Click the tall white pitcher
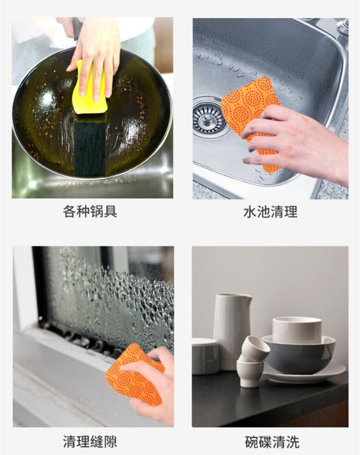tap(232, 331)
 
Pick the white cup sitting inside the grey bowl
tap(297, 330)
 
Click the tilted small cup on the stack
tap(255, 349)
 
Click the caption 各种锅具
tap(90, 211)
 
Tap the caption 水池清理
tap(270, 212)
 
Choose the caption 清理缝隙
tap(90, 442)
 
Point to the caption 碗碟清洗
tap(272, 442)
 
